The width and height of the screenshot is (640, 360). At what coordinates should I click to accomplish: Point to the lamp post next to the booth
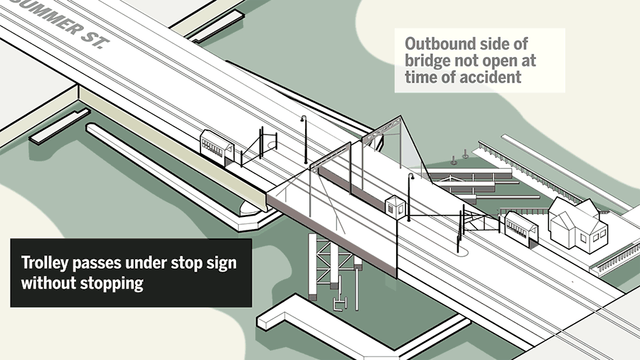pos(410,196)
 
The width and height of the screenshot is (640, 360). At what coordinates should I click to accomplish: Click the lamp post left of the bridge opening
pos(304,139)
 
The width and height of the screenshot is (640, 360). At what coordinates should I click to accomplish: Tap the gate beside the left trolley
pos(266,144)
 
